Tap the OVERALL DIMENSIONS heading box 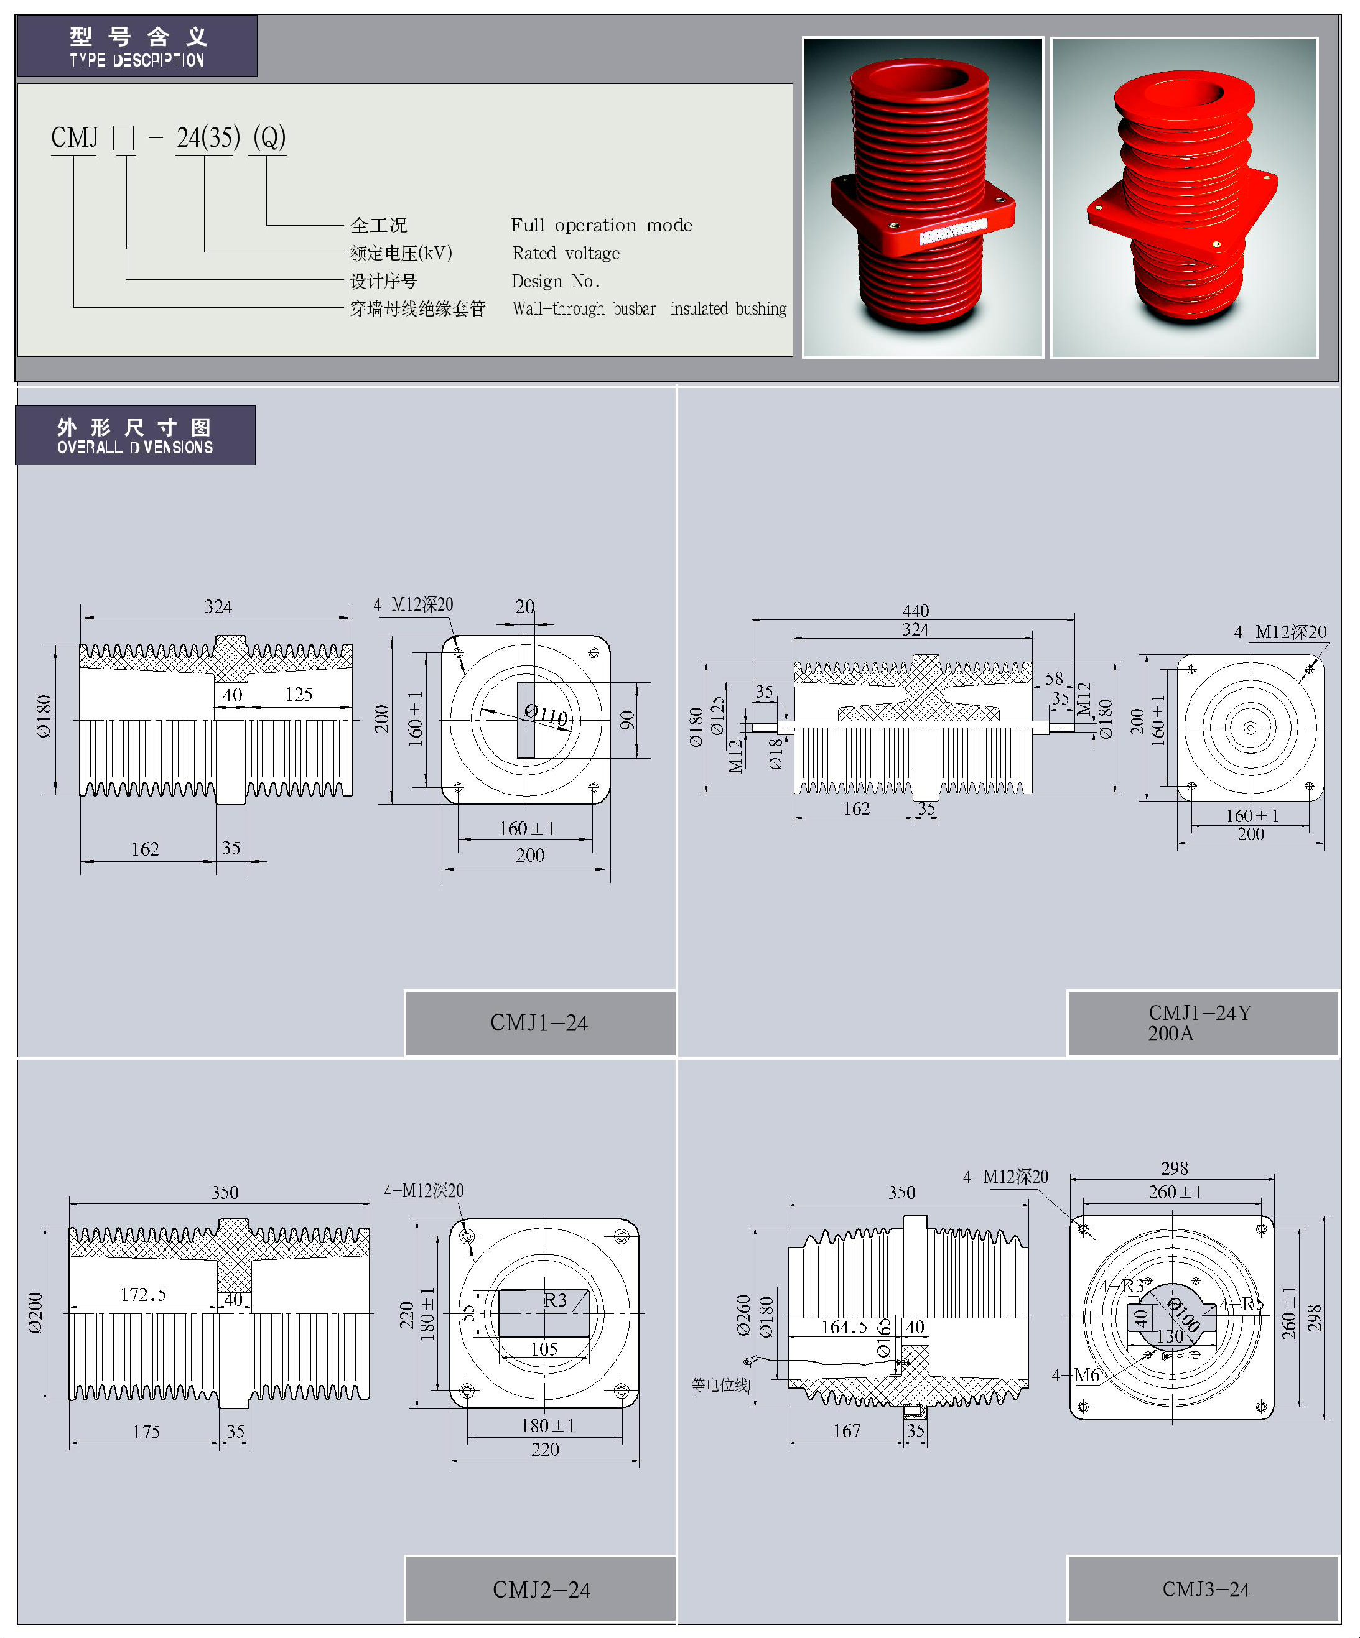click(135, 435)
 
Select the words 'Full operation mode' click(601, 225)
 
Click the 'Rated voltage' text click(566, 254)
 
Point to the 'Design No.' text click(556, 281)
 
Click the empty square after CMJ click(123, 138)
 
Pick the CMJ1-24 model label click(539, 1022)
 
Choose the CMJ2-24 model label click(541, 1589)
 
